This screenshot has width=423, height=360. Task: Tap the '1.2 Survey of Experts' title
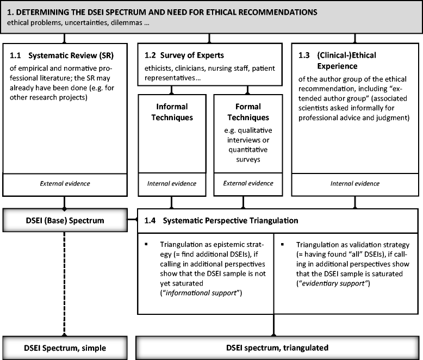tap(184, 55)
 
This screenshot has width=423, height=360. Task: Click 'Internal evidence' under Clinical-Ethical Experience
tap(354, 184)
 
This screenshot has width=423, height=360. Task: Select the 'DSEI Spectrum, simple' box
tap(66, 347)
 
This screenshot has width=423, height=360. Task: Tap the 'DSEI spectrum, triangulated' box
tap(279, 347)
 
